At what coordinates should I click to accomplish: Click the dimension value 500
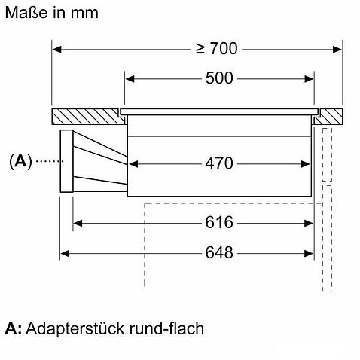coord(219,78)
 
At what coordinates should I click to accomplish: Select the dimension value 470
coord(219,163)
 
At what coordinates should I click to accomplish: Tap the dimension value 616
coord(219,222)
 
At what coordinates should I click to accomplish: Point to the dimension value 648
coord(219,252)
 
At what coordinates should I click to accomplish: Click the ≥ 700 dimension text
coord(216,48)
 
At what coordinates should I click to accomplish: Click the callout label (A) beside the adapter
coord(20,161)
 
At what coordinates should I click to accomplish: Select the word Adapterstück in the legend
coord(75,328)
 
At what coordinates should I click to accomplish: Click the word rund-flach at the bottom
coord(166,328)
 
